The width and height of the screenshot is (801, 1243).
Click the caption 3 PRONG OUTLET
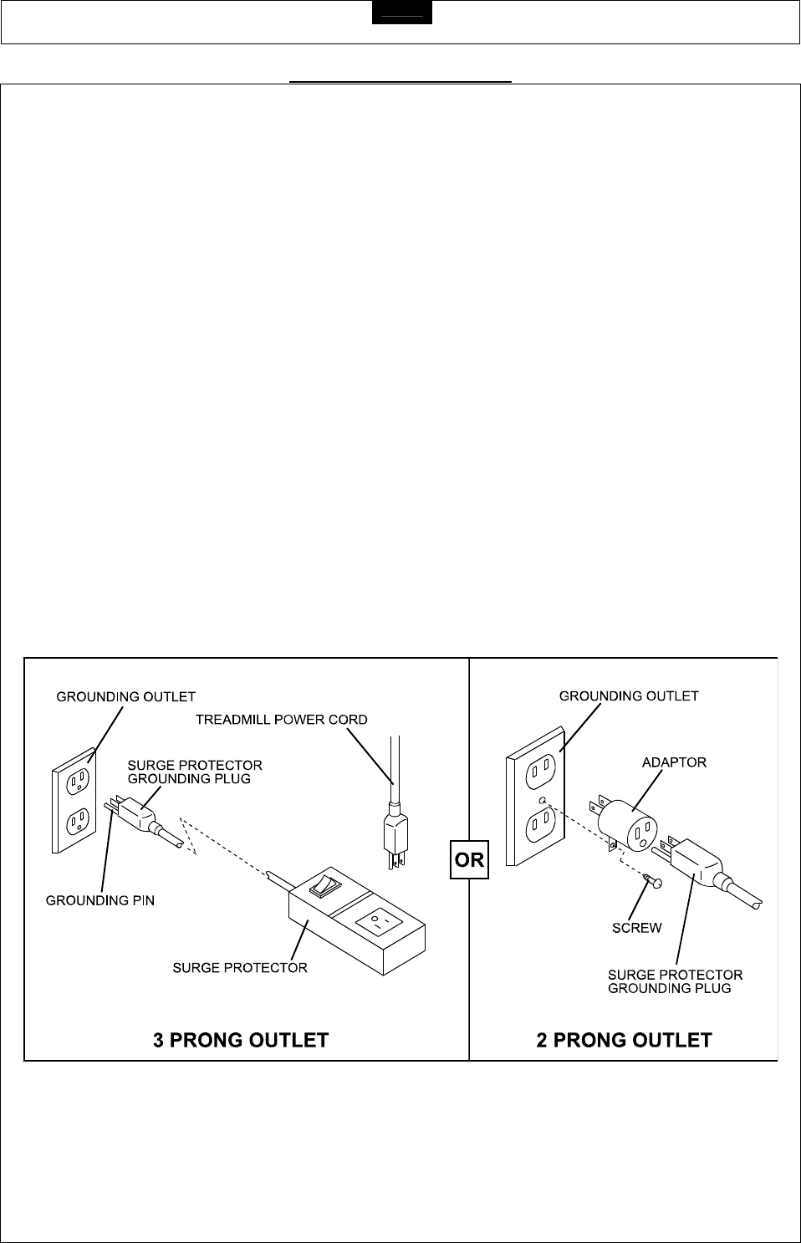point(241,1040)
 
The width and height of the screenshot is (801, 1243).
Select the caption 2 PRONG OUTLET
point(624,1040)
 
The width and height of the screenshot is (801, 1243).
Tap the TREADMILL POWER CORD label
point(281,719)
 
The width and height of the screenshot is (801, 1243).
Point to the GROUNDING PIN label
point(100,901)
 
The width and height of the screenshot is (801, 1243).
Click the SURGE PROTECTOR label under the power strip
point(240,968)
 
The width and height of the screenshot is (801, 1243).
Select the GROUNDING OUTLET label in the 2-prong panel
point(629,695)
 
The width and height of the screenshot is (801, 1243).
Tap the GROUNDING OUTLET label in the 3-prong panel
point(126,696)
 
